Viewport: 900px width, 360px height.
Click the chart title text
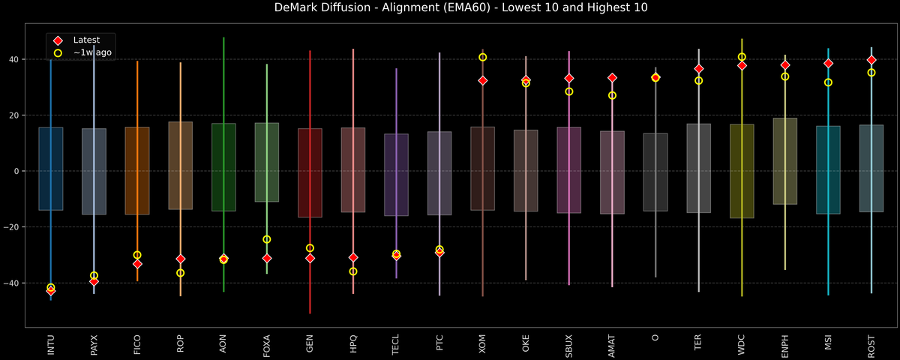pyautogui.click(x=450, y=8)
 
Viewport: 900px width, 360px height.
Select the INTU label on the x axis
pyautogui.click(x=51, y=343)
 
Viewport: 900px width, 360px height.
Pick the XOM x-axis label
pyautogui.click(x=482, y=343)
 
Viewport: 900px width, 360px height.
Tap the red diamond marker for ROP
pyautogui.click(x=180, y=259)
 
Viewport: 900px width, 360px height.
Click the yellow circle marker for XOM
pyautogui.click(x=482, y=58)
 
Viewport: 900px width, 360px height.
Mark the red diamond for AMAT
pyautogui.click(x=612, y=78)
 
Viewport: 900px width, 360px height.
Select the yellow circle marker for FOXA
pyautogui.click(x=266, y=239)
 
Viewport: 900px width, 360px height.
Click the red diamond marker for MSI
pyautogui.click(x=828, y=64)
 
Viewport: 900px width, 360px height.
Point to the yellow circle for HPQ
pyautogui.click(x=353, y=271)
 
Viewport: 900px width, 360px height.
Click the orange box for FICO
pyautogui.click(x=137, y=171)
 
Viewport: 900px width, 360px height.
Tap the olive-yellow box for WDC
pyautogui.click(x=742, y=171)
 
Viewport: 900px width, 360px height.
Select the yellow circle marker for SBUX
pyautogui.click(x=569, y=91)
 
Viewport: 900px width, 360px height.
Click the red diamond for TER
pyautogui.click(x=698, y=69)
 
